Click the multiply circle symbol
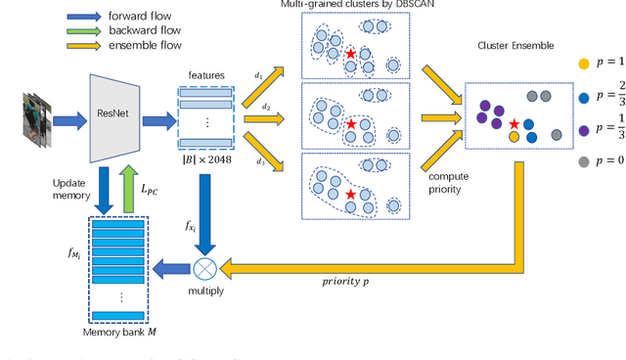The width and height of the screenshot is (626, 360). pos(203,266)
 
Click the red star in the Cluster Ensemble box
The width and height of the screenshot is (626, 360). pos(514,124)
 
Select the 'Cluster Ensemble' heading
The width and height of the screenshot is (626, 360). pos(516,46)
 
